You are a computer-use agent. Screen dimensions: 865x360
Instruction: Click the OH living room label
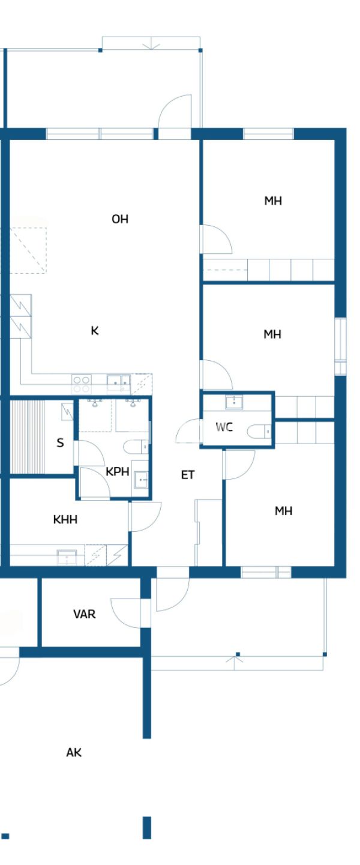point(120,219)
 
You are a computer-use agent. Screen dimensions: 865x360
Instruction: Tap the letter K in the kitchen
point(95,330)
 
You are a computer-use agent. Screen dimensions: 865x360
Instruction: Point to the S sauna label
point(60,443)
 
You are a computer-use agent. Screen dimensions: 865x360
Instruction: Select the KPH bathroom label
point(118,471)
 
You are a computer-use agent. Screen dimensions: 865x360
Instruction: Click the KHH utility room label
point(65,519)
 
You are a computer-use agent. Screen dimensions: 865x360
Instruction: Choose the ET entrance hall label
point(188,475)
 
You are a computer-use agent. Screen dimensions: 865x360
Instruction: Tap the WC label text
point(224,427)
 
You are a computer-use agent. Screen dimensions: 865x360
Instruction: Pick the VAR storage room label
point(85,614)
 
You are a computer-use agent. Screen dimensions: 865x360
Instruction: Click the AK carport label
point(74,753)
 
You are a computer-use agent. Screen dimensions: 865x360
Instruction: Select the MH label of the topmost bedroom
point(273,200)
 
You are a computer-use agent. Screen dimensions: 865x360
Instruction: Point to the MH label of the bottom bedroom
point(283,511)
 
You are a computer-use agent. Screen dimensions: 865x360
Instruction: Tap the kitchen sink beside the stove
point(118,380)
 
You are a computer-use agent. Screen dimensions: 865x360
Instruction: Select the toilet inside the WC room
point(263,431)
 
